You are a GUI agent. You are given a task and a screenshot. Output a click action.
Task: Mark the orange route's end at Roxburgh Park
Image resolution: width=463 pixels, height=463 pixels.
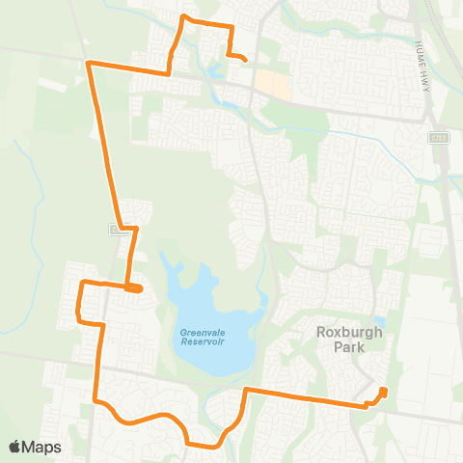pyautogui.click(x=384, y=391)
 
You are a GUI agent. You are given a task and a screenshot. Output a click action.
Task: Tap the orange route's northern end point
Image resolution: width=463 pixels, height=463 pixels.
pyautogui.click(x=245, y=61)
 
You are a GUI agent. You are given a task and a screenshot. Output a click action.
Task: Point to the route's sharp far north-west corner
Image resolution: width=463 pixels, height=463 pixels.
pyautogui.click(x=89, y=64)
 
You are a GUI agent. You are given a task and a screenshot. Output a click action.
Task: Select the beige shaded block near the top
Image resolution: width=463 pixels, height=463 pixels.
pyautogui.click(x=276, y=87)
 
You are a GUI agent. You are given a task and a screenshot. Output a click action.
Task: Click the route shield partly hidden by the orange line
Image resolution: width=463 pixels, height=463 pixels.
pyautogui.click(x=119, y=230)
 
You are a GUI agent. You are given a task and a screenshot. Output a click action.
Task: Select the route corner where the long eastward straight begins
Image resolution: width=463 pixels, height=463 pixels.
pyautogui.click(x=246, y=390)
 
